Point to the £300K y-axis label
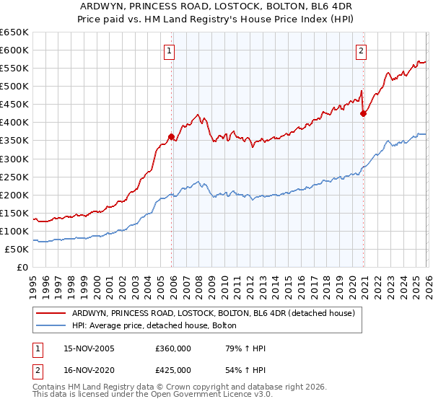(14, 159)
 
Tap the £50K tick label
(17, 249)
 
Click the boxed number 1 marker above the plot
(169, 50)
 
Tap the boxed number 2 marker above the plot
(361, 50)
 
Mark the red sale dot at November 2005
(172, 136)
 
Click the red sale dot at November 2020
(363, 113)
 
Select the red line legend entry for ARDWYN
(213, 314)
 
